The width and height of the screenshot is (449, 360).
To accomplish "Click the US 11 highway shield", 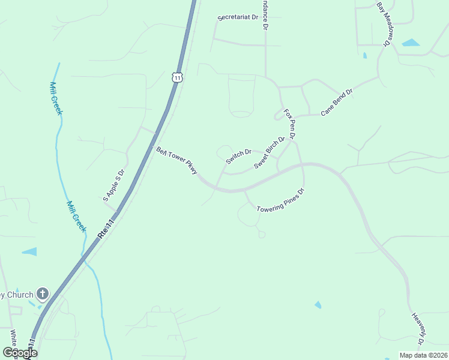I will (176, 77).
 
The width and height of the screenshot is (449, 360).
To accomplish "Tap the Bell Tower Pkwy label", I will (176, 160).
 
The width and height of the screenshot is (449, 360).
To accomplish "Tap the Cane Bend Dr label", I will (336, 103).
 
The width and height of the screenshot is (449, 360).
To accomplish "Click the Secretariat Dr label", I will (237, 18).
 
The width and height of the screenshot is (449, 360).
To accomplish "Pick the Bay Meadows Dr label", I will (384, 23).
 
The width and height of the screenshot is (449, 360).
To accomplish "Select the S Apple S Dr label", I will (113, 184).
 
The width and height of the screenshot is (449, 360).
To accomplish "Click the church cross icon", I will (42, 293).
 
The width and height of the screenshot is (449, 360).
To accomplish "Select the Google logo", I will (20, 353).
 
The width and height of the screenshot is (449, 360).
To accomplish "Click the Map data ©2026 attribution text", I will (423, 355).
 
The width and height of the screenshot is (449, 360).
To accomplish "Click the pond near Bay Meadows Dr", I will (411, 43).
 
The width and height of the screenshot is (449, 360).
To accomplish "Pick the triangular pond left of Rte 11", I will (30, 251).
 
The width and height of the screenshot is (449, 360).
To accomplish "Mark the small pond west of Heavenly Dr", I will (318, 305).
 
